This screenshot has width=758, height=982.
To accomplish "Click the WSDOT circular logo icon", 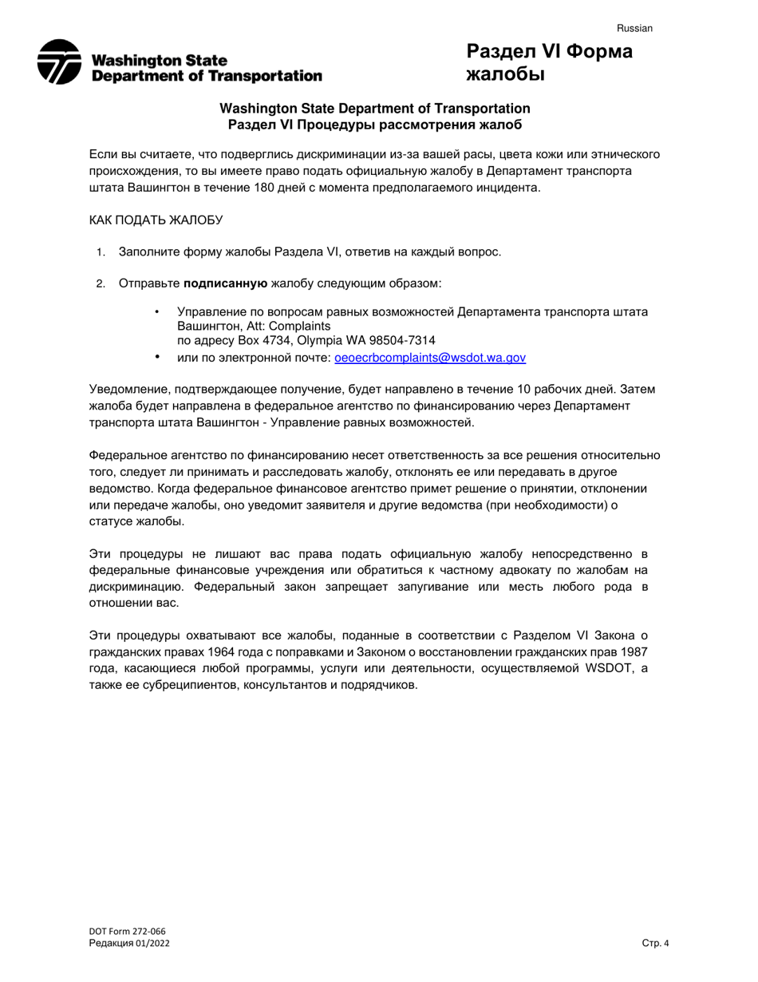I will (x=59, y=61).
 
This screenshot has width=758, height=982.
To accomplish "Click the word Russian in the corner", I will (x=634, y=28).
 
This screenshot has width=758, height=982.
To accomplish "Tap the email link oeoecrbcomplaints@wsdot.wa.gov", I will (x=430, y=358).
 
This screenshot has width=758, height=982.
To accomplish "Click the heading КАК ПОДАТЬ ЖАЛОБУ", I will (x=156, y=220).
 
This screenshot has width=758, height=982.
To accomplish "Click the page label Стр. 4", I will (x=655, y=943).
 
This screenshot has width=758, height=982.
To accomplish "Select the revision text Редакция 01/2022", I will (x=129, y=943).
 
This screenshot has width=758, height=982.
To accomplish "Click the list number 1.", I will (x=101, y=252).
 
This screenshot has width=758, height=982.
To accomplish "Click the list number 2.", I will (x=101, y=283).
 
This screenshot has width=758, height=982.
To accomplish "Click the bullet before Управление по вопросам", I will (x=157, y=311).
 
